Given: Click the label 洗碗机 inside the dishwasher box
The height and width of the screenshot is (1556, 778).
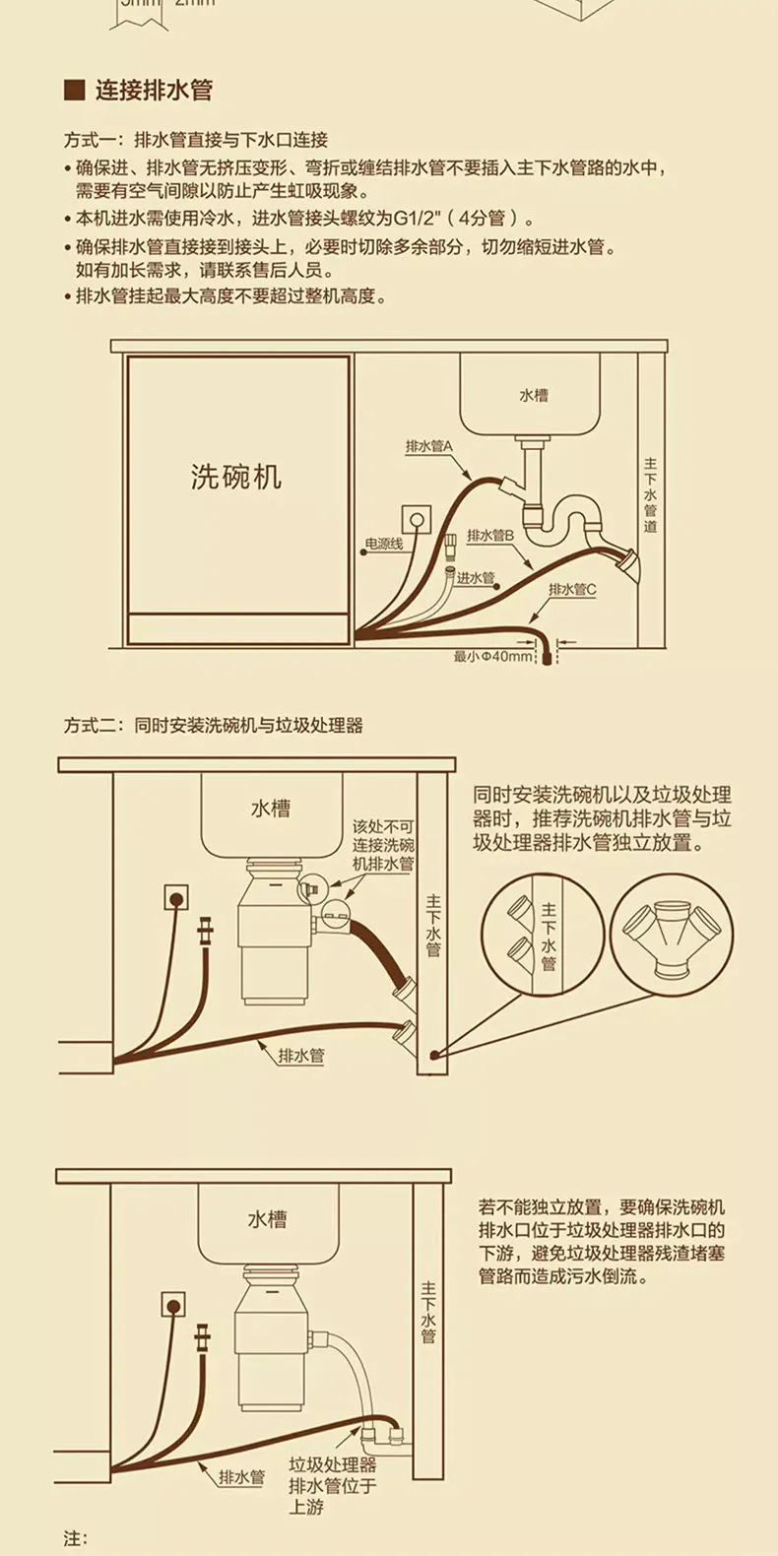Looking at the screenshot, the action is pyautogui.click(x=235, y=477).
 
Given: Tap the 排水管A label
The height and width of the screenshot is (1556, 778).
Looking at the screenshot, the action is pyautogui.click(x=428, y=446).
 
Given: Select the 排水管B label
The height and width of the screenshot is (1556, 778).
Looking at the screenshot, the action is pyautogui.click(x=490, y=535).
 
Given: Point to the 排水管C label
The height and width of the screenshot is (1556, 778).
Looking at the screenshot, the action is pyautogui.click(x=573, y=589).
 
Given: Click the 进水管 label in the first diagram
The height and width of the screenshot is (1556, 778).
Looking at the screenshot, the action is pyautogui.click(x=476, y=578).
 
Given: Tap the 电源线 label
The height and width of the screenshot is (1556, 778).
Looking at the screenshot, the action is pyautogui.click(x=384, y=544).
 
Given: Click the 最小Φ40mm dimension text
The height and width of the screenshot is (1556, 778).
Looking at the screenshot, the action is pyautogui.click(x=492, y=656).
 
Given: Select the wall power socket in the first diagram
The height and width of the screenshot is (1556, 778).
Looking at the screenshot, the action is pyautogui.click(x=417, y=519).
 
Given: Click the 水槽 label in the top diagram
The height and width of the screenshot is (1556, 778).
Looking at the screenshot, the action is pyautogui.click(x=534, y=395).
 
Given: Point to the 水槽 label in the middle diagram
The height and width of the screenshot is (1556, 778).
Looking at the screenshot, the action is pyautogui.click(x=270, y=809).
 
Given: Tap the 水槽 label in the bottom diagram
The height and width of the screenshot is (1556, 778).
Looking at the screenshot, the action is pyautogui.click(x=267, y=1219).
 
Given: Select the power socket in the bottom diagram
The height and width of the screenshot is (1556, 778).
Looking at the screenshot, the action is pyautogui.click(x=173, y=1306).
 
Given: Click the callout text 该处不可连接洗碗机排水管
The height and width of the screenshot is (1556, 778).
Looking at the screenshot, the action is pyautogui.click(x=384, y=845).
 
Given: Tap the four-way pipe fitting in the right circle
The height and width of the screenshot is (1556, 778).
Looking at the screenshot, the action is pyautogui.click(x=672, y=934).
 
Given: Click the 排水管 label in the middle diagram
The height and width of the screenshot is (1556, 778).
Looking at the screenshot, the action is pyautogui.click(x=301, y=1056).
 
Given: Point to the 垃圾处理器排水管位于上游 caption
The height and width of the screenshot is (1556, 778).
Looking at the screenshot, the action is pyautogui.click(x=332, y=1485).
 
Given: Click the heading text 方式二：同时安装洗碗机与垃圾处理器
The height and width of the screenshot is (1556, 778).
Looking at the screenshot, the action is pyautogui.click(x=214, y=726).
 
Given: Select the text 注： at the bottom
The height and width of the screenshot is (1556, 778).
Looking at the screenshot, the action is pyautogui.click(x=76, y=1538).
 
